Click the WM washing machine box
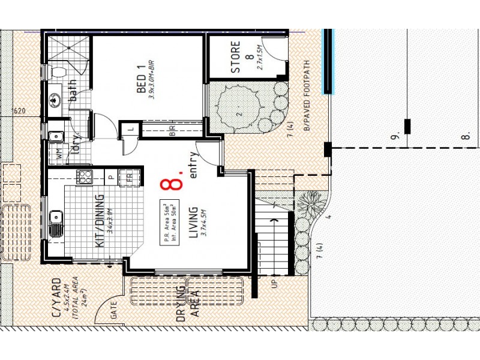pyautogui.click(x=59, y=154)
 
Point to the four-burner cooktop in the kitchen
pyautogui.click(x=84, y=177)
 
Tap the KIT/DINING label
pyautogui.click(x=100, y=220)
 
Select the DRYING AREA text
pyautogui.click(x=188, y=305)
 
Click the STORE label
pyautogui.click(x=236, y=58)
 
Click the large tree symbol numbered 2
pyautogui.click(x=239, y=111)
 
